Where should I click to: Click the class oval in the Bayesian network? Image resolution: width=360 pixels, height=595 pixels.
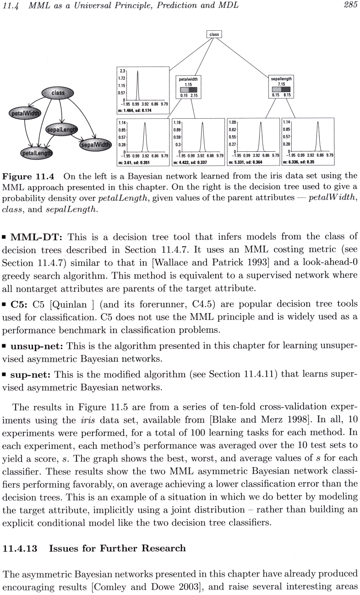[x=58, y=94]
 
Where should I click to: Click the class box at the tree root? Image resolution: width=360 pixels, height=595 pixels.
[x=214, y=34]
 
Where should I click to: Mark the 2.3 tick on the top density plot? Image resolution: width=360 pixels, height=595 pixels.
[x=122, y=71]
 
